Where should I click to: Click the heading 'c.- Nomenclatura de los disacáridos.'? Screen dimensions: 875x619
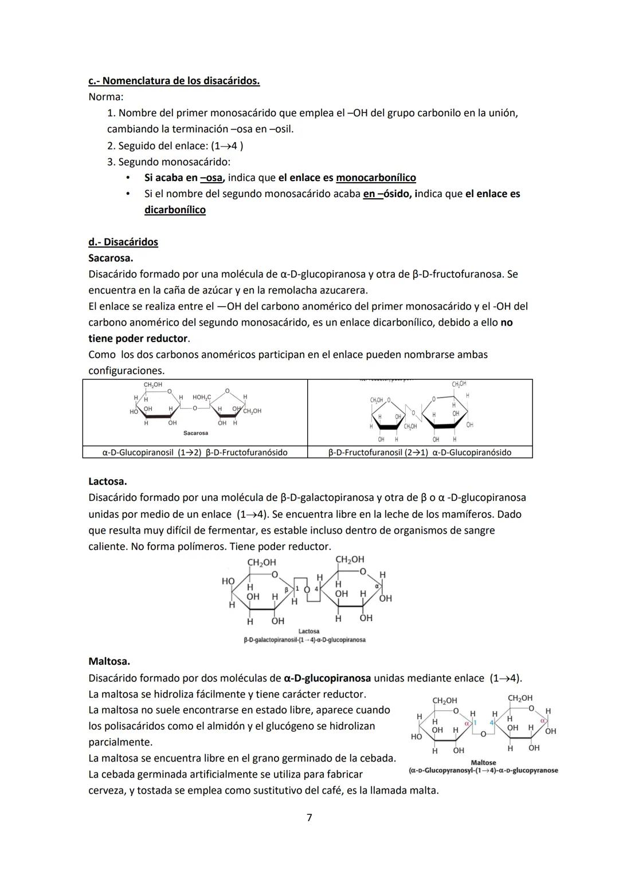[174, 81]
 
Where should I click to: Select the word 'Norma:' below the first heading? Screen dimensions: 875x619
[106, 97]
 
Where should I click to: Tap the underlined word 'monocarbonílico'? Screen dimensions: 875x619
[375, 178]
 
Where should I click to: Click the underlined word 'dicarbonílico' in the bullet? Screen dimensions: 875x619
[175, 210]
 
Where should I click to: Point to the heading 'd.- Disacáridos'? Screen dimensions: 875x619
[123, 242]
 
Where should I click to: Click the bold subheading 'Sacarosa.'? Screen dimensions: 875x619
[111, 258]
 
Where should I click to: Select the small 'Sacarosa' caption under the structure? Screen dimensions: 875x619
[196, 433]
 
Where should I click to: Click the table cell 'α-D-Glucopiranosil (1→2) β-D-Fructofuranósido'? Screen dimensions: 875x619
[195, 452]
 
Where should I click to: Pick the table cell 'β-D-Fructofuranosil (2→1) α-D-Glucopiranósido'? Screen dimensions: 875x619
[420, 452]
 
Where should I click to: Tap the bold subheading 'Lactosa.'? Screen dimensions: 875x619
[108, 481]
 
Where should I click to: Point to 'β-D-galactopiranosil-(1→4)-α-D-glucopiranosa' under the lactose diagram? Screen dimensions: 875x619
[304, 639]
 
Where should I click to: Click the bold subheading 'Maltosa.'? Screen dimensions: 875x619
[109, 662]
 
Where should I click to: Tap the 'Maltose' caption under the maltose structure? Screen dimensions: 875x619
[483, 763]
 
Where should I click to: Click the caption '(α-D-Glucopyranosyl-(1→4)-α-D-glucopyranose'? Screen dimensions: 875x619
[483, 771]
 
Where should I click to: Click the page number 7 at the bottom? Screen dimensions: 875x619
[309, 818]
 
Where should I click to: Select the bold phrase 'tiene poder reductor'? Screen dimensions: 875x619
[138, 339]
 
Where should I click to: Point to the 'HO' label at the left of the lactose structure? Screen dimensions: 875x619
[228, 581]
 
